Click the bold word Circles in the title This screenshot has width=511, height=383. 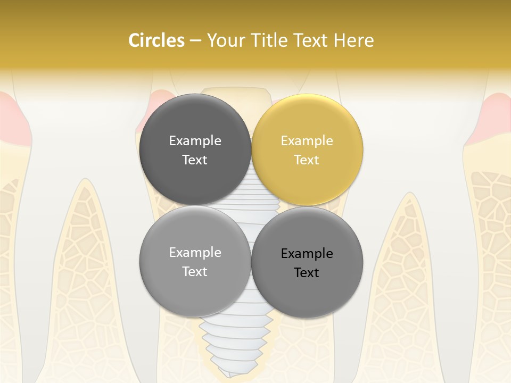(156, 40)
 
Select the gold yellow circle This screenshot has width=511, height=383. (307, 149)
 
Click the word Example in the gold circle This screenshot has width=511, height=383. (307, 140)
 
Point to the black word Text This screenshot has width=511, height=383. (307, 273)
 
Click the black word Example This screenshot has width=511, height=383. (307, 254)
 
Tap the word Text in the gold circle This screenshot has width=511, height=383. (307, 160)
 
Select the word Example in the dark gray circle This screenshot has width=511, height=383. (195, 140)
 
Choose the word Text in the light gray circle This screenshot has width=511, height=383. (195, 271)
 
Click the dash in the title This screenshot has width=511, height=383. (195, 41)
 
